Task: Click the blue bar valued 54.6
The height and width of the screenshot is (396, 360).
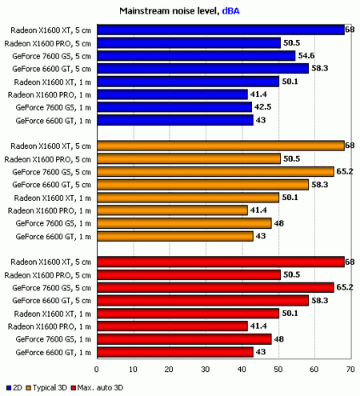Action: tap(196, 56)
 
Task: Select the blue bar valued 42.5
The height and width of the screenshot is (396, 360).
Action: tap(174, 107)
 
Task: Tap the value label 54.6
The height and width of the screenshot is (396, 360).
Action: tap(307, 56)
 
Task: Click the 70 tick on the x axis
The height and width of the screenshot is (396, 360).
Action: tap(350, 369)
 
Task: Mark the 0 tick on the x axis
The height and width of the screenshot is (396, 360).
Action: tap(97, 369)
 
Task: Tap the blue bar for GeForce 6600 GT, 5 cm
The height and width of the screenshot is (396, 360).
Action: tap(202, 69)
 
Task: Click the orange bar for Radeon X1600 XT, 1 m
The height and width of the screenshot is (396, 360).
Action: tap(188, 197)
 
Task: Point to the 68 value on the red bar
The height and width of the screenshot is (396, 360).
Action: tap(350, 262)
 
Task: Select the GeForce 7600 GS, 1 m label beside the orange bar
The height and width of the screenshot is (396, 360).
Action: tap(54, 223)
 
